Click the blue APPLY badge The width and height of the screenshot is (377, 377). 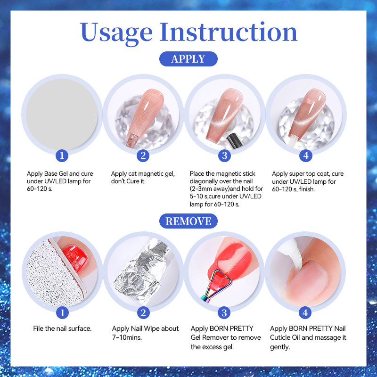tap(188, 59)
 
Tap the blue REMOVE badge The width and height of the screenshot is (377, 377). tap(188, 221)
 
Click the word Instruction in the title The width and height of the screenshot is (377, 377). tap(229, 32)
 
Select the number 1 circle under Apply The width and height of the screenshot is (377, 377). tap(62, 156)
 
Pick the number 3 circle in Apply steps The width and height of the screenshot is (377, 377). tap(225, 156)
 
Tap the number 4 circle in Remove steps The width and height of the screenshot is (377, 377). tap(305, 312)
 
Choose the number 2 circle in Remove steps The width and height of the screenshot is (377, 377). tap(143, 312)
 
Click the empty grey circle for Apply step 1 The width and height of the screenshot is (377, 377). tap(62, 115)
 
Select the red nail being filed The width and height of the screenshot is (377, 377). tap(75, 258)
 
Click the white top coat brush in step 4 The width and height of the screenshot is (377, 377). tap(294, 139)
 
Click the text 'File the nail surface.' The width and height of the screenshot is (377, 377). tap(62, 328)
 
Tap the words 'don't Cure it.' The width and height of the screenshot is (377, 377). tap(128, 181)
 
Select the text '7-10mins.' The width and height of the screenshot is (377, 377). tap(127, 337)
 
